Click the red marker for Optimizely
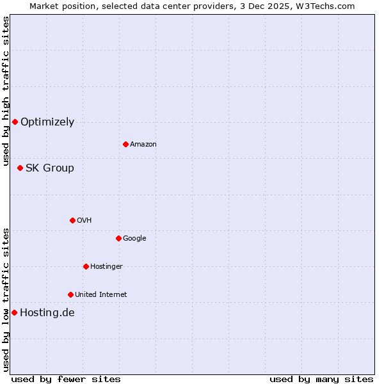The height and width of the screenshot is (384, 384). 15,122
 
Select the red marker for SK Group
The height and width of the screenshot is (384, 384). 20,168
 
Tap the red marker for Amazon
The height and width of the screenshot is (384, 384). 125,144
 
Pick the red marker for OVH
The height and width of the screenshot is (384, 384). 72,220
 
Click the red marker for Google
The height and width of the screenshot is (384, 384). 118,238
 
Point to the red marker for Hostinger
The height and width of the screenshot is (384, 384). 86,266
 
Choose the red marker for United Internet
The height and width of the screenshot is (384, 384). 70,294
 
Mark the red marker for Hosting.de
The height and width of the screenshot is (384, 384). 14,312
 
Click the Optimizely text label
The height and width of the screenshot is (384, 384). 47,122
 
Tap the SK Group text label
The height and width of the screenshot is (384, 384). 50,168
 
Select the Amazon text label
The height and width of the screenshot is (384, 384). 143,144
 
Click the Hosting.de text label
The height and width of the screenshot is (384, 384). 47,312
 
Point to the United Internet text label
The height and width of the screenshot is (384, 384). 101,294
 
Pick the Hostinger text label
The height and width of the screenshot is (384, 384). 106,266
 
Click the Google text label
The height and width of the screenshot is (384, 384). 134,238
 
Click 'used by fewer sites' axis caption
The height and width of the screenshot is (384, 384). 66,379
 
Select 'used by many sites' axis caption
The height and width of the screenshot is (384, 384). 321,379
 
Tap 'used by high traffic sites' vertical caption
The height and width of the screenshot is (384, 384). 6,91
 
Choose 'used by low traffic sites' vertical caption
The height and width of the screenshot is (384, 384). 6,299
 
